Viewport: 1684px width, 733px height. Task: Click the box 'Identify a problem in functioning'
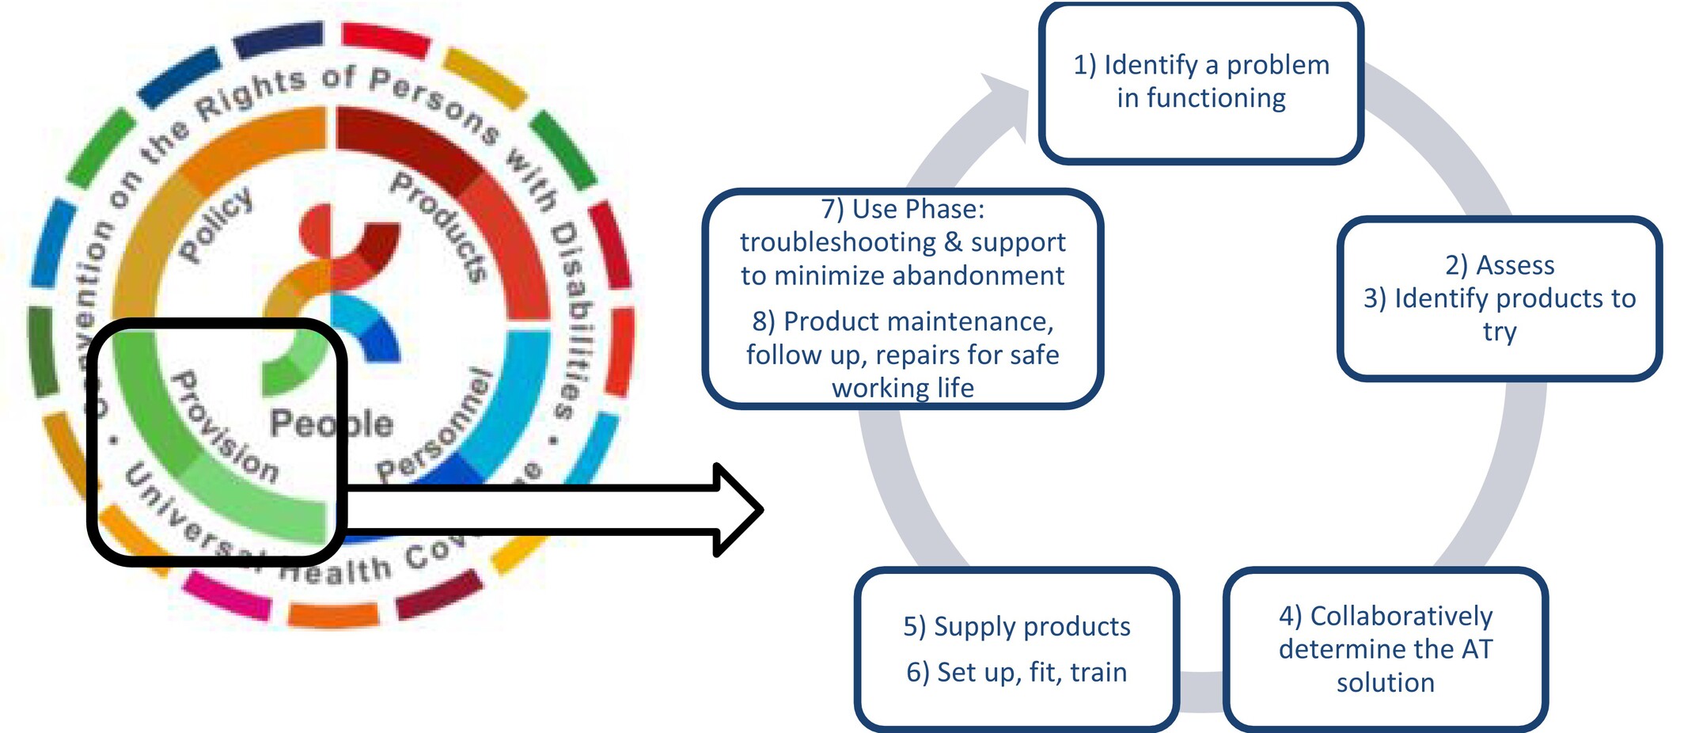point(1200,82)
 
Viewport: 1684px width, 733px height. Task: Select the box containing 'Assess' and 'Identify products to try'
point(1499,298)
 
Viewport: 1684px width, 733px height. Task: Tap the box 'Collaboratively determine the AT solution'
point(1385,648)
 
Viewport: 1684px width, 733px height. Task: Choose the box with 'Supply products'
point(1017,648)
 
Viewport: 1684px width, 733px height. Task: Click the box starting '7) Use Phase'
point(902,298)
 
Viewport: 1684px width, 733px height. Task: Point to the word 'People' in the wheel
point(331,423)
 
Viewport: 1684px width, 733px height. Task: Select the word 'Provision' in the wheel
point(225,427)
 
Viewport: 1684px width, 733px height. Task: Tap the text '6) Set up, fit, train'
point(1017,672)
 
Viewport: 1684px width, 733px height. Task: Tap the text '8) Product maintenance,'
point(902,321)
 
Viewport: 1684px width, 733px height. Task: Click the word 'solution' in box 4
point(1385,682)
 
